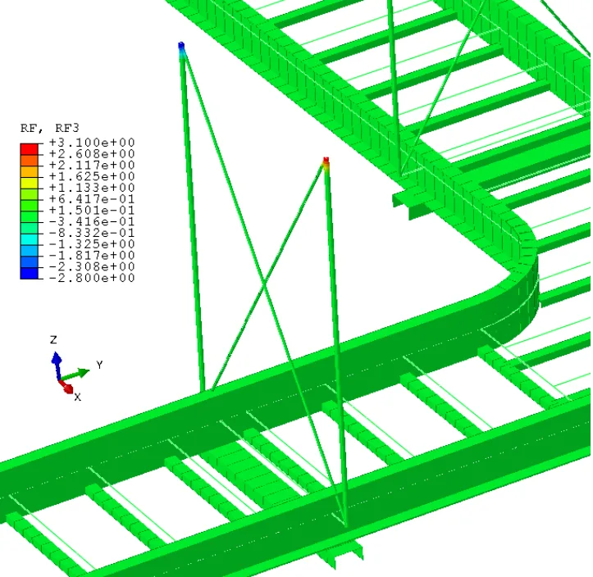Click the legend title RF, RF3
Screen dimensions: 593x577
pyautogui.click(x=49, y=128)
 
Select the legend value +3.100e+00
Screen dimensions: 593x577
pyautogui.click(x=92, y=143)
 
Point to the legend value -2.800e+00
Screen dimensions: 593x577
pyautogui.click(x=92, y=278)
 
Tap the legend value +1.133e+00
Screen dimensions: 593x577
pyautogui.click(x=92, y=188)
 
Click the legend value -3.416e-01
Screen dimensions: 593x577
pyautogui.click(x=92, y=221)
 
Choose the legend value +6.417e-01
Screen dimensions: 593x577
pyautogui.click(x=92, y=199)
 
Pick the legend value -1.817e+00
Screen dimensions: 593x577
pyautogui.click(x=92, y=255)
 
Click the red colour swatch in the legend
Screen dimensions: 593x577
pyautogui.click(x=30, y=149)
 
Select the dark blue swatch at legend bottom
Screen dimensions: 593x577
pyautogui.click(x=30, y=273)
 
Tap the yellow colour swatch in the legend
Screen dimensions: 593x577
pyautogui.click(x=30, y=183)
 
